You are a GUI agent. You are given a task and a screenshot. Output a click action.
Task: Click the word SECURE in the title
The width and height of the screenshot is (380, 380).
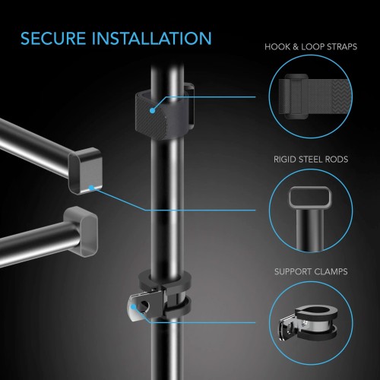tap(53, 39)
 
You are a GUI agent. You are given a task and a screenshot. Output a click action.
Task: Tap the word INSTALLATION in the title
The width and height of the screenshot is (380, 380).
tap(151, 39)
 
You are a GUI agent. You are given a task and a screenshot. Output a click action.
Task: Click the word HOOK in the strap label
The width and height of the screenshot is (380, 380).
tap(277, 47)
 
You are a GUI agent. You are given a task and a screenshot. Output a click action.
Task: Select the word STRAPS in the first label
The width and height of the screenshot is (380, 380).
tap(341, 47)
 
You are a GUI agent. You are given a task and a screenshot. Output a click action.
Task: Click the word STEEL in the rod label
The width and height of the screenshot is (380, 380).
tap(311, 160)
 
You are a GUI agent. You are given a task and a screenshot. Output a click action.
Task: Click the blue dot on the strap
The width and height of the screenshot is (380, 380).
tap(152, 110)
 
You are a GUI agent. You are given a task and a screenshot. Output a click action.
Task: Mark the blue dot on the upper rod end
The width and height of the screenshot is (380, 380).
tap(91, 188)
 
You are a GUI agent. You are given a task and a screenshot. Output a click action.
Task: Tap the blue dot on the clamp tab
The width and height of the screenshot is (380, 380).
tap(133, 307)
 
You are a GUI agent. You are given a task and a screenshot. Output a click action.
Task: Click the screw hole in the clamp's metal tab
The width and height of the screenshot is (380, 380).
tap(145, 306)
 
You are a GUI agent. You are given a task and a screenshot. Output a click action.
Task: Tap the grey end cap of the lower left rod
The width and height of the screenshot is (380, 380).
tap(81, 232)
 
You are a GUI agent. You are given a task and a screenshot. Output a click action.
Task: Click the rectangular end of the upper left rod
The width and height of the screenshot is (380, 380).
tap(86, 171)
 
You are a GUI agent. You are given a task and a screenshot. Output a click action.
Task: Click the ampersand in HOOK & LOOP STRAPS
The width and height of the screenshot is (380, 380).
tap(295, 47)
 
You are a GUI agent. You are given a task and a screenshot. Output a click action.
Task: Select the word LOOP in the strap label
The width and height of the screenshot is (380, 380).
tap(312, 47)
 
